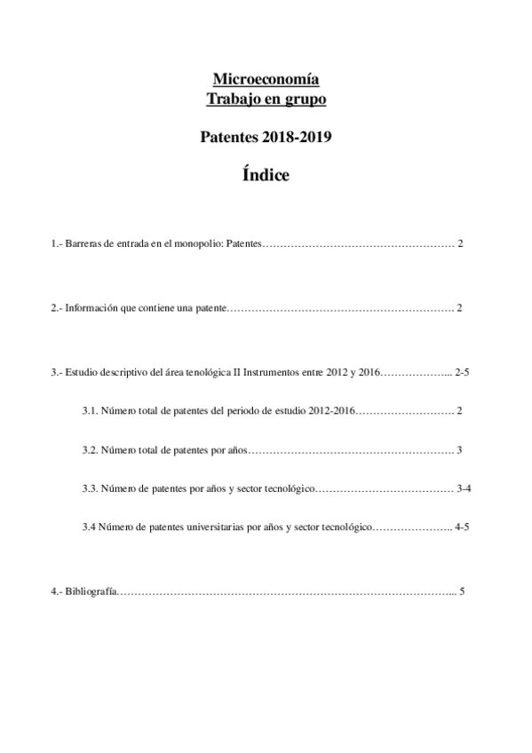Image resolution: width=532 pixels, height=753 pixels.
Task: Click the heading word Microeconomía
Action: click(x=266, y=78)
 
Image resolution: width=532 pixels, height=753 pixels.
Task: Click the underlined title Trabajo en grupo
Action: click(x=266, y=99)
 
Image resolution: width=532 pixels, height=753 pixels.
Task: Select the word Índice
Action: click(x=266, y=175)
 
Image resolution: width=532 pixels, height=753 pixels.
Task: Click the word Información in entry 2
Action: click(x=92, y=307)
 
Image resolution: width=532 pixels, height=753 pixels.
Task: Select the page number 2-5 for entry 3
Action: click(x=461, y=372)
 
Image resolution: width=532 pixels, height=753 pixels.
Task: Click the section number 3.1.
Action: click(x=90, y=410)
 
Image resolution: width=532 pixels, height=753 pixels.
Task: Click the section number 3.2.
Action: click(x=90, y=449)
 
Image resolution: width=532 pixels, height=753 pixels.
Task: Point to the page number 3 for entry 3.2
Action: click(x=460, y=449)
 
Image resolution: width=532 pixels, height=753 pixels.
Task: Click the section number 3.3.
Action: click(x=90, y=488)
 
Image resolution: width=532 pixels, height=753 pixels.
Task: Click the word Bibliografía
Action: click(x=90, y=591)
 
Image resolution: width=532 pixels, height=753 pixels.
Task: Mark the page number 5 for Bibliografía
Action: click(x=462, y=591)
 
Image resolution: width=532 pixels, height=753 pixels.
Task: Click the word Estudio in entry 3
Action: click(x=82, y=372)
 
